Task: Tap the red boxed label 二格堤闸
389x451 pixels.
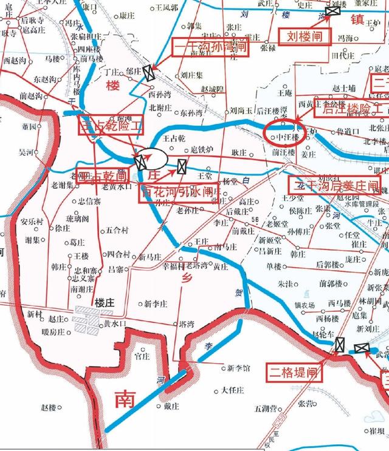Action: pos(295,371)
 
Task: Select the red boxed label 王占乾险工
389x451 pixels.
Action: pos(111,127)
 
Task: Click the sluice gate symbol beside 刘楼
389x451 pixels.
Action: pos(332,11)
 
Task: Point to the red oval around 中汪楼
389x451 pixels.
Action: pos(284,131)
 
